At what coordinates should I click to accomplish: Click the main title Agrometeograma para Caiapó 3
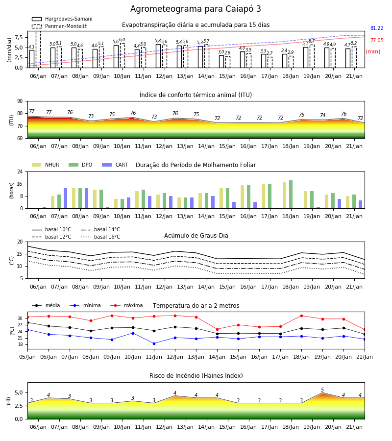196,9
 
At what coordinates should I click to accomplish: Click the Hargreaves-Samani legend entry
62,19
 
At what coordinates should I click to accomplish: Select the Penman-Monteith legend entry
60,26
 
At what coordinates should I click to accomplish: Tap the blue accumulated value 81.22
377,28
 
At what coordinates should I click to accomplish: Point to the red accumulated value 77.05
377,41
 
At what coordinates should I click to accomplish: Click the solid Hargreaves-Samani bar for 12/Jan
158,56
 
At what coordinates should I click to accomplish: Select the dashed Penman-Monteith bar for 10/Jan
122,55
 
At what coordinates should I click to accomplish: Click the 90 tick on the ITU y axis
20,101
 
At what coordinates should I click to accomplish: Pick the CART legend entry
115,165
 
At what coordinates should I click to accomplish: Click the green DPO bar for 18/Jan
291,195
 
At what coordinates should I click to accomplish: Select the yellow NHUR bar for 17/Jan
264,196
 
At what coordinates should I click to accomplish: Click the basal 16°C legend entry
100,237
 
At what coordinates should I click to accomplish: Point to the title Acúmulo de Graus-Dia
196,236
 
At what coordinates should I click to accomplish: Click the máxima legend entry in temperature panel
126,305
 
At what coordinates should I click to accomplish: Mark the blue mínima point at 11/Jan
154,343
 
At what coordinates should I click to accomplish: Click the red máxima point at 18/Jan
302,316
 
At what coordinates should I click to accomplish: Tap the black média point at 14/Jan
218,334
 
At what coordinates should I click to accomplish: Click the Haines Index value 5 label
322,390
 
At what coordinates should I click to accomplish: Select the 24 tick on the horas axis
20,171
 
